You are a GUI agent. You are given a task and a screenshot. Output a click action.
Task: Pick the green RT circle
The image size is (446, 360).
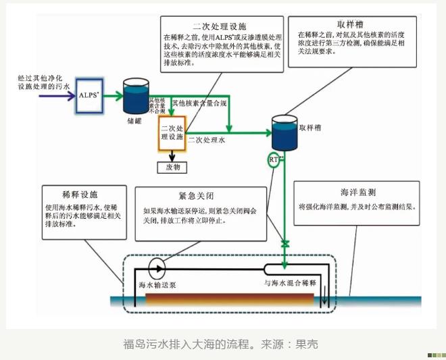pyautogui.click(x=274, y=159)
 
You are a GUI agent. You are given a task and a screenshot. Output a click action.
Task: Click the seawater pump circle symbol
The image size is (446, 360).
pyautogui.click(x=156, y=268)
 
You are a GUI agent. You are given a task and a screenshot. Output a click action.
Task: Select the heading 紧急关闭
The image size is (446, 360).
pyautogui.click(x=196, y=197)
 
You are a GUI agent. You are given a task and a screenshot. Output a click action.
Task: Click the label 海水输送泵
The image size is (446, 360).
pyautogui.click(x=157, y=284)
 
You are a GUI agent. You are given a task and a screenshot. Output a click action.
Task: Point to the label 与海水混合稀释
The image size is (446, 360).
pyautogui.click(x=290, y=282)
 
